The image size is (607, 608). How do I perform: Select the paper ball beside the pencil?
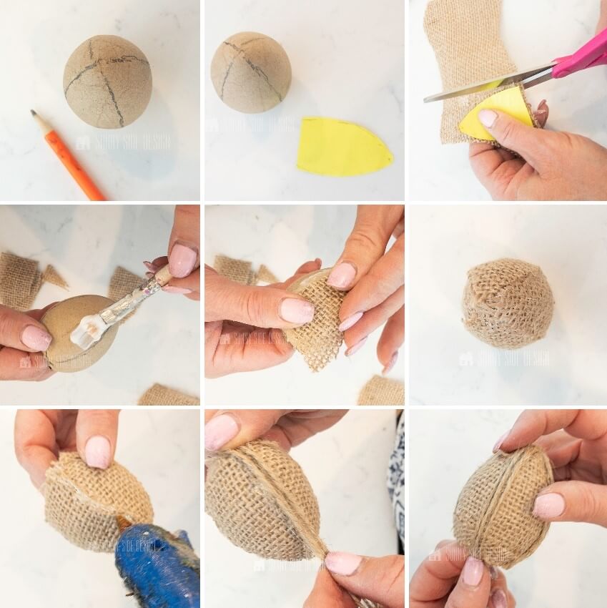point(107,80)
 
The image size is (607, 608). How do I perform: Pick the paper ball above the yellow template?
point(250,72)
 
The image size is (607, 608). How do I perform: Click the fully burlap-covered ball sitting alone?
point(508,304)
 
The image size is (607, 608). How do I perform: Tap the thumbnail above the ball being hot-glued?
point(97,451)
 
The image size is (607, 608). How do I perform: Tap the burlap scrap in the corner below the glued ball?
point(168,394)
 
